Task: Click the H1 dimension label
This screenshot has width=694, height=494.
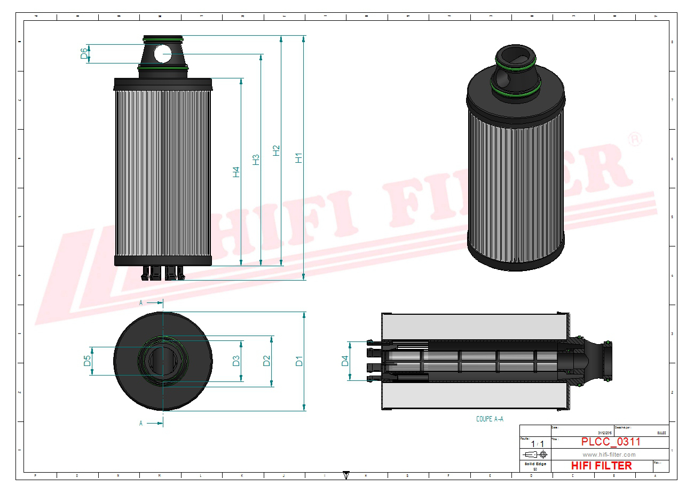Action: coord(299,157)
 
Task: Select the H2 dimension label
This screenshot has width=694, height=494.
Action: coord(276,150)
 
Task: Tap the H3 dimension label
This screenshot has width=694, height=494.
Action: coord(256,160)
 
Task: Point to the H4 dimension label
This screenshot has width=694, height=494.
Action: coord(236,172)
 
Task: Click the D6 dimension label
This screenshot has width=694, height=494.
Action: coord(84,53)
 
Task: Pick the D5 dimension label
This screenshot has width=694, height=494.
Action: coord(87,361)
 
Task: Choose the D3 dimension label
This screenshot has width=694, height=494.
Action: coord(236,361)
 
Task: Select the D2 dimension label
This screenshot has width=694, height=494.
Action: coord(266,361)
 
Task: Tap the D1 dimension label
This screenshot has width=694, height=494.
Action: coord(299,361)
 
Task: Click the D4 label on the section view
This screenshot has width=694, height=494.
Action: coord(345,361)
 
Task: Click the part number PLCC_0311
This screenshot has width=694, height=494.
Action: coord(610,442)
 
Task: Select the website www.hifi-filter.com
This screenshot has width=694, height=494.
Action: coord(609,455)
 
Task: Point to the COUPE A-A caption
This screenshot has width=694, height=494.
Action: coord(490,419)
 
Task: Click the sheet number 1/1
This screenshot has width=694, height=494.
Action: coord(537,444)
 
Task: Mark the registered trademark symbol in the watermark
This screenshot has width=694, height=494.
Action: coord(634,140)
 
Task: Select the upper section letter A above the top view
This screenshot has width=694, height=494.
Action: coord(141,302)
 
